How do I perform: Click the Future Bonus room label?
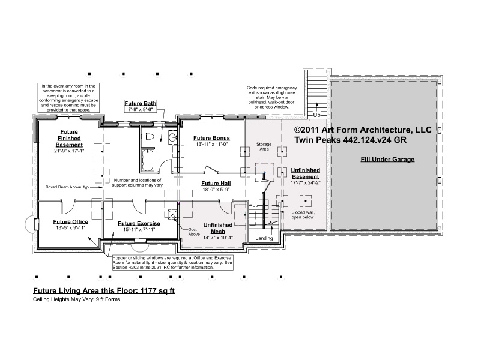click(x=211, y=138)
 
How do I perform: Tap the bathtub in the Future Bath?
click(x=148, y=160)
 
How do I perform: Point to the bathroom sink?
click(x=173, y=136)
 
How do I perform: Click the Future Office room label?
click(x=70, y=222)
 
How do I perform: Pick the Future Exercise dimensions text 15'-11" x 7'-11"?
click(x=139, y=229)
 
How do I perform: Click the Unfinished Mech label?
click(x=218, y=228)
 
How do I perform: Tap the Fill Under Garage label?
click(x=387, y=160)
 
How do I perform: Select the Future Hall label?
click(x=216, y=184)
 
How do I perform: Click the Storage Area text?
click(x=264, y=146)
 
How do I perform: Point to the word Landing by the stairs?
click(x=264, y=238)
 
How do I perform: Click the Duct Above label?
click(x=193, y=232)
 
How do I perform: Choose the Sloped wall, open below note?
click(x=303, y=214)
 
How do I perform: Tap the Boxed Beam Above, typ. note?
click(x=67, y=187)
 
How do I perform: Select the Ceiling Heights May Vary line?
click(x=77, y=299)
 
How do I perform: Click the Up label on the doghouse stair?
click(x=316, y=115)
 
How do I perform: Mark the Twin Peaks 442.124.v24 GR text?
click(x=350, y=140)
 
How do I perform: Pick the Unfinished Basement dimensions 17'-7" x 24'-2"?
click(x=306, y=183)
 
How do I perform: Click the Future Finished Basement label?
click(x=69, y=138)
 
